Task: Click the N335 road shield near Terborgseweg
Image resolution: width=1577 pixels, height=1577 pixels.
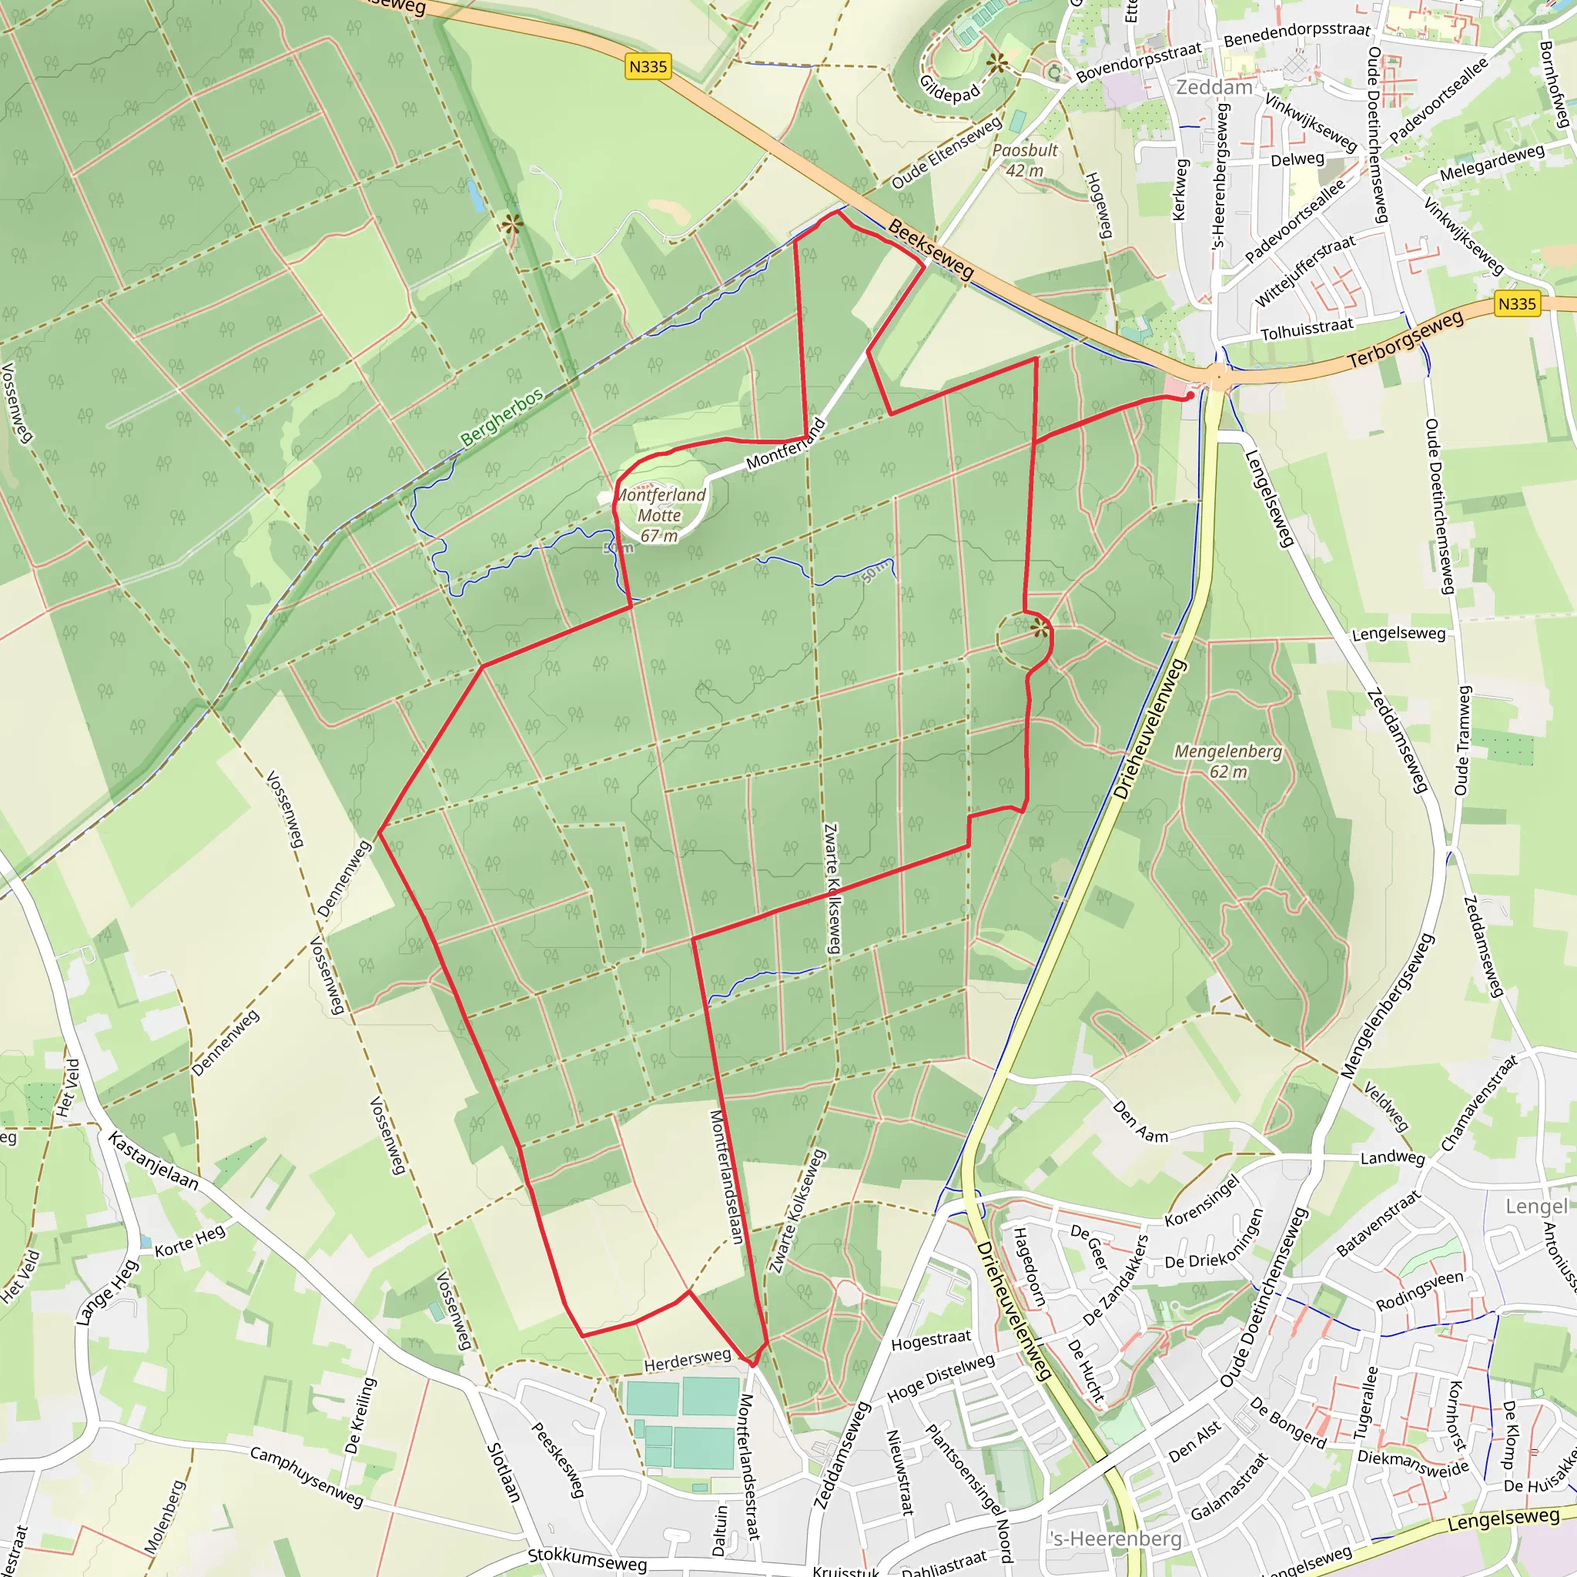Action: click(x=1517, y=304)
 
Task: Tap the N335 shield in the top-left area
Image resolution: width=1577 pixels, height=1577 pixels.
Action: click(x=648, y=67)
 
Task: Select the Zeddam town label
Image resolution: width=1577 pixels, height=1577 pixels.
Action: click(x=1214, y=87)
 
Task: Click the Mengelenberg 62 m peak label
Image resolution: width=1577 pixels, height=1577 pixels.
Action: click(x=1227, y=761)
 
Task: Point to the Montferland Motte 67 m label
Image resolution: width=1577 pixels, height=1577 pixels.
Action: click(x=660, y=515)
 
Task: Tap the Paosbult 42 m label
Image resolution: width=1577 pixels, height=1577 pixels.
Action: click(x=1024, y=160)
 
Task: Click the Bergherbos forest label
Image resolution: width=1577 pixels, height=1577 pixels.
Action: click(x=501, y=417)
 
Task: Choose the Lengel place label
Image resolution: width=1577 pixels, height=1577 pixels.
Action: click(x=1536, y=1207)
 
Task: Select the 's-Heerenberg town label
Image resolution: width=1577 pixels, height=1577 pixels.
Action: click(x=1117, y=1538)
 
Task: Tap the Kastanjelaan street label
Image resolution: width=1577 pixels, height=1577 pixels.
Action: click(x=153, y=1160)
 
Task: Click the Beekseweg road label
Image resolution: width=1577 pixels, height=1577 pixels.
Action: click(x=930, y=249)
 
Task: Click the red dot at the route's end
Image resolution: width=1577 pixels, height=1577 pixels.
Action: click(x=1190, y=395)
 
